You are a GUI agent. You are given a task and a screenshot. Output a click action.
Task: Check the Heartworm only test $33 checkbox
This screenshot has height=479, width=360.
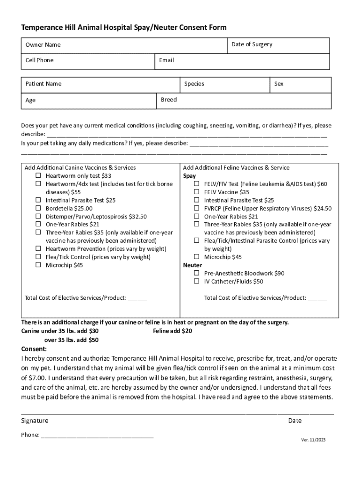pos(38,176)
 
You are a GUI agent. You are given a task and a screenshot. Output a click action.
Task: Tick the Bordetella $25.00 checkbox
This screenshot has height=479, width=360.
pos(38,208)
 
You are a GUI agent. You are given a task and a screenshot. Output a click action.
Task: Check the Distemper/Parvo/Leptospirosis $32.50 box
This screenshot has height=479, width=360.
pos(38,217)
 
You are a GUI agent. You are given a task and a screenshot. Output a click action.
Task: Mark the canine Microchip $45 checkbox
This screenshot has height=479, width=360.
pos(38,265)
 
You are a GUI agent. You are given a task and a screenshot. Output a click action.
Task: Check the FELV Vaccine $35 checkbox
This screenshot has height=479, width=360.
pos(197,192)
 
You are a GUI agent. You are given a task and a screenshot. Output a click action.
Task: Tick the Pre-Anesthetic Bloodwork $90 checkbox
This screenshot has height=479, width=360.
pos(197,273)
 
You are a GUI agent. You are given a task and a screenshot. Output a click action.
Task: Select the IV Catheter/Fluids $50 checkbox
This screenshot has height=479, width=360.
pos(197,282)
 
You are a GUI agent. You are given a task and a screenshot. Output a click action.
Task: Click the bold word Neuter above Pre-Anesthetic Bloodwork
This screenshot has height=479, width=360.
pos(192,265)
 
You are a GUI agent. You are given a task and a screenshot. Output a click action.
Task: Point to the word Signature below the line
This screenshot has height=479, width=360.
pos(35,421)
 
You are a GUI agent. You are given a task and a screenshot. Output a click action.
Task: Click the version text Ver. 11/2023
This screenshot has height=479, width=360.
pos(313,440)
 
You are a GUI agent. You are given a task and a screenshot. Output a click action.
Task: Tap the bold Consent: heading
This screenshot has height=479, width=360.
pos(34,349)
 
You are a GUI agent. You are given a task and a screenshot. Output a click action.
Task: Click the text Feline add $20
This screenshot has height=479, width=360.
pos(173,331)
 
